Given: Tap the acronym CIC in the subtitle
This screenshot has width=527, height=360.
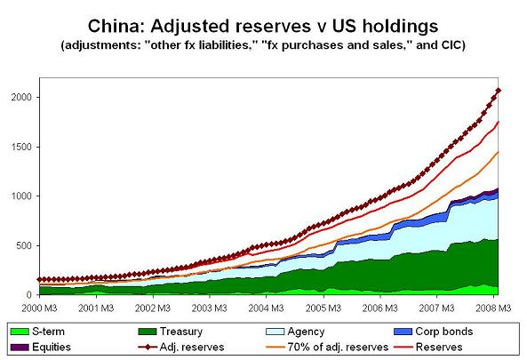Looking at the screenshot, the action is click(451, 44).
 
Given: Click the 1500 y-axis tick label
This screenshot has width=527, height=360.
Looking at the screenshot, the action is click(21, 147).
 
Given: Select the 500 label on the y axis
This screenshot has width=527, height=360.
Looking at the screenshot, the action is click(23, 245).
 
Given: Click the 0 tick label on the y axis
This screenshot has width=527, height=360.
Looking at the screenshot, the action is click(29, 295).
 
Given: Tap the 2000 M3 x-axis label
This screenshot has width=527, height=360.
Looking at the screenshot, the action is click(39, 308).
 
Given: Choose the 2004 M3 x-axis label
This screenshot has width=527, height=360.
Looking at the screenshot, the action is click(267, 308).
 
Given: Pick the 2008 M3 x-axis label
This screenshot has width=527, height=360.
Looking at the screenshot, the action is click(493, 308).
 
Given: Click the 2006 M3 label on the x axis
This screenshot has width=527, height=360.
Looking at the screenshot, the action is click(379, 308).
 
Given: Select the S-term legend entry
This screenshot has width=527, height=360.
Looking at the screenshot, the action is click(37, 332).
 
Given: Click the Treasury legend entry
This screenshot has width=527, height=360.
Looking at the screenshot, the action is click(171, 332).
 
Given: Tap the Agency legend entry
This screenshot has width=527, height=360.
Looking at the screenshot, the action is click(295, 332).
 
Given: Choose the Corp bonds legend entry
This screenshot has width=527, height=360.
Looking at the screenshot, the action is click(433, 332).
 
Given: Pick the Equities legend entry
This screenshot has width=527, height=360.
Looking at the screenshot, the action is click(41, 347).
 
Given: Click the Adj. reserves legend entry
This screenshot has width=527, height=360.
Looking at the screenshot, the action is click(181, 347).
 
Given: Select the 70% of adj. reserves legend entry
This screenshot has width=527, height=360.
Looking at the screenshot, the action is click(327, 347).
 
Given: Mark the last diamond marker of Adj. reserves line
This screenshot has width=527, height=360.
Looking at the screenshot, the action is click(498, 91).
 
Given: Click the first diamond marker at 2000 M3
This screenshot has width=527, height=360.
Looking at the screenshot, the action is click(40, 279).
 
